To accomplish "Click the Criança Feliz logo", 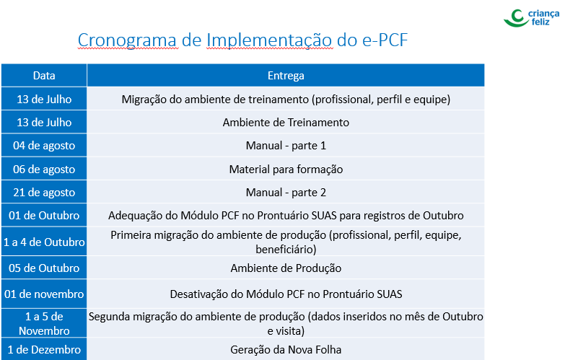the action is (x=532, y=18).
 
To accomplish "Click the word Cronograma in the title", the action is (x=127, y=40).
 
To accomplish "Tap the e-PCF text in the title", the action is (x=385, y=40).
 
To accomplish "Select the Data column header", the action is (x=44, y=76).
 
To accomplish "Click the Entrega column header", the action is (x=286, y=76).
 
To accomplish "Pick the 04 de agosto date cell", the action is (x=44, y=146).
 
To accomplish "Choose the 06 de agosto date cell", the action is (x=44, y=169).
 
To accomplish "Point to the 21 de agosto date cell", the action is (x=44, y=193).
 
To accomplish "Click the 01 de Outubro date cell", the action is (x=44, y=216).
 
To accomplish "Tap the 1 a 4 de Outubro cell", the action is (x=44, y=242).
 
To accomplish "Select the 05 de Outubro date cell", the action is (x=44, y=268).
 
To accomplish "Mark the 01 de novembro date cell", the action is (x=44, y=294).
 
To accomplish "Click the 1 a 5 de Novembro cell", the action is (x=44, y=324).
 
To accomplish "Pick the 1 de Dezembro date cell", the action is (x=44, y=350).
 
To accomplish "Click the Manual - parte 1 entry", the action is (x=286, y=146).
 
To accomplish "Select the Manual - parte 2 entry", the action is (x=286, y=193).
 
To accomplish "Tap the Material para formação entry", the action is (x=286, y=169).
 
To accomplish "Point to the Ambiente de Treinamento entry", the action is (x=286, y=123).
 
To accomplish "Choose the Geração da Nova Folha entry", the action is (x=286, y=350).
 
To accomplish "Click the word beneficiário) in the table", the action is (x=286, y=250).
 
